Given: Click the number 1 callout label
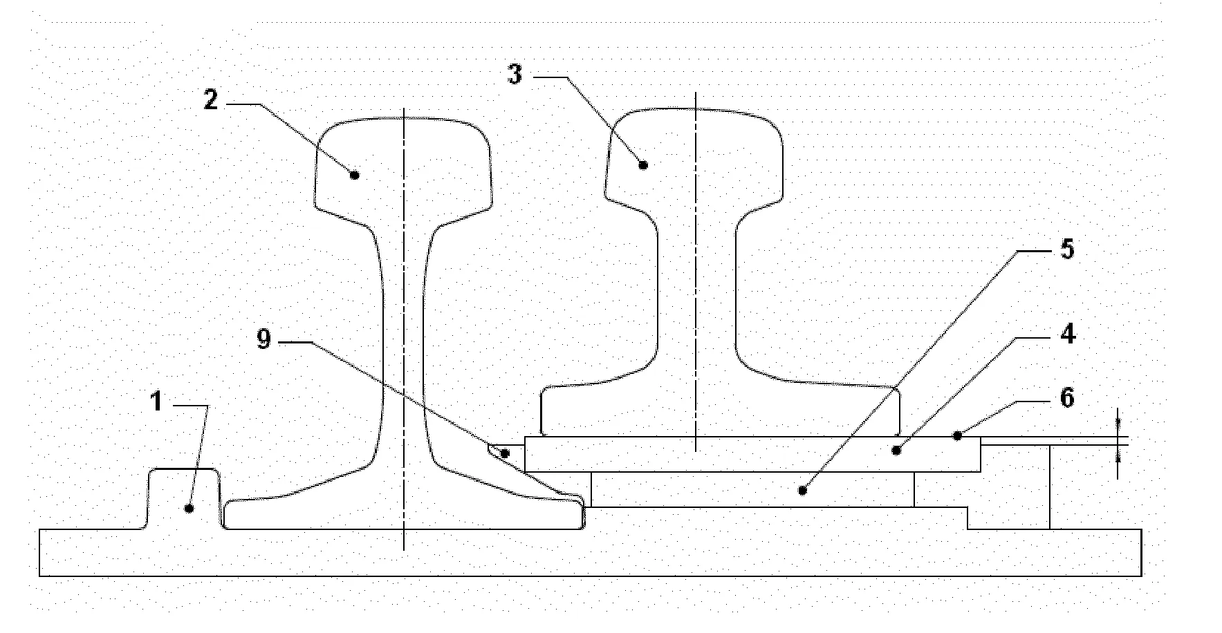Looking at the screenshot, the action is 157,401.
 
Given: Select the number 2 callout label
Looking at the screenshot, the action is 211,100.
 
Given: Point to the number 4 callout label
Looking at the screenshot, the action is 1068,334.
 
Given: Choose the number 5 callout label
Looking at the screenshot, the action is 1068,249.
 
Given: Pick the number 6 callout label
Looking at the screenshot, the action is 1068,398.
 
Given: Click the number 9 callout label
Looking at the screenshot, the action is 263,340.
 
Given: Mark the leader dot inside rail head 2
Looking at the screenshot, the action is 354,175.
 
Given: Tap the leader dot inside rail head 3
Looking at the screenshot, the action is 642,164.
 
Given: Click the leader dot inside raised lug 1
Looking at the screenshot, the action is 188,509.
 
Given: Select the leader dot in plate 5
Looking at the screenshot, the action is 802,491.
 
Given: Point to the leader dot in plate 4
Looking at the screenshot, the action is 896,451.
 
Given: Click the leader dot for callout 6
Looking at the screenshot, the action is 958,435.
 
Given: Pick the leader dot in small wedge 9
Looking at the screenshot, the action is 506,454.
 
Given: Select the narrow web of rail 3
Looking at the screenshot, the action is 696,290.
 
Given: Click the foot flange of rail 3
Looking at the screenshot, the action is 720,412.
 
